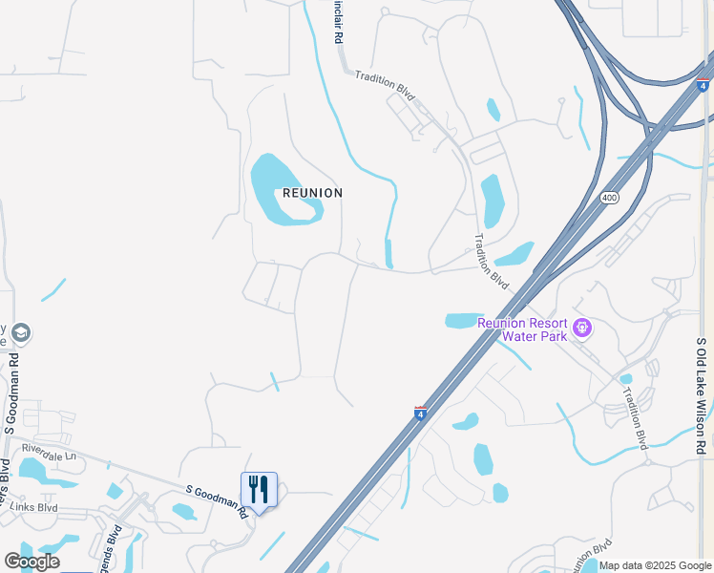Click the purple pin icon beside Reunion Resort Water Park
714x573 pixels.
(583, 330)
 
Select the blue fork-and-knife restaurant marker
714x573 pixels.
(259, 490)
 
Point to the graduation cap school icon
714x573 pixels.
(22, 332)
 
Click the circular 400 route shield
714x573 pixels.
(609, 197)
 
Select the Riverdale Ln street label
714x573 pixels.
(48, 457)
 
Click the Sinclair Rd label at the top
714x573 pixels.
(337, 21)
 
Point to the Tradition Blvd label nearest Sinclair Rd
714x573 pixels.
(386, 85)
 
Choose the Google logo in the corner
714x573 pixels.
(31, 562)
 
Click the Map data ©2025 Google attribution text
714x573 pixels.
(655, 565)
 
